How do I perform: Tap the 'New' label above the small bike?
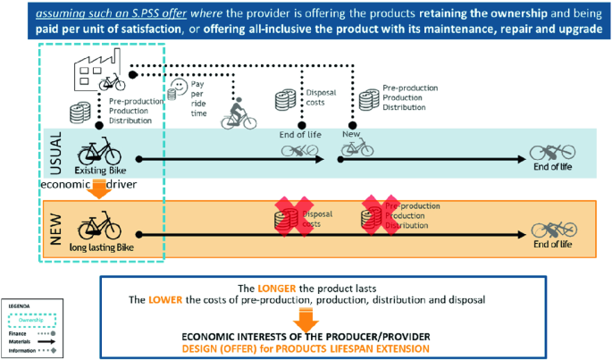pyautogui.click(x=351, y=134)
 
